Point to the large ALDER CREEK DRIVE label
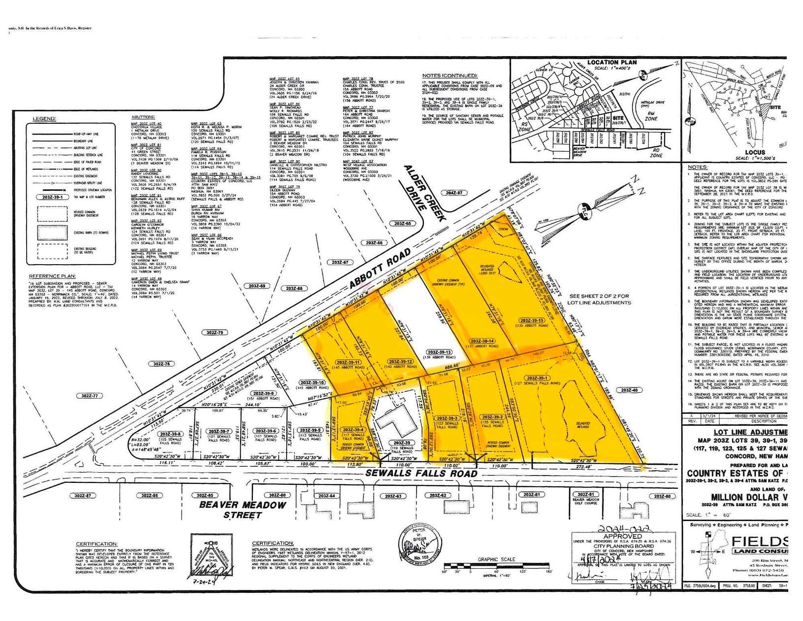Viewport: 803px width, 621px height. [428, 194]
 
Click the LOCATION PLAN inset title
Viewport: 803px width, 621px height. [611, 63]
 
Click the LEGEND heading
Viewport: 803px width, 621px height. [44, 119]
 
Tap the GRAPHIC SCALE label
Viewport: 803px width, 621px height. [496, 559]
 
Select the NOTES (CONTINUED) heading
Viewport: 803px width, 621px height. [450, 75]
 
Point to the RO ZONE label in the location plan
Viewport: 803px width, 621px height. [656, 153]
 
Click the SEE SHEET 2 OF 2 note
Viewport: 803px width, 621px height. [598, 299]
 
